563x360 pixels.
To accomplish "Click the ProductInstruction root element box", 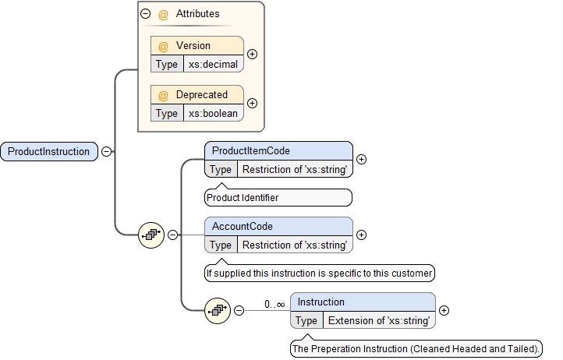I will coord(49,151).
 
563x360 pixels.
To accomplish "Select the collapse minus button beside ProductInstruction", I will coord(106,151).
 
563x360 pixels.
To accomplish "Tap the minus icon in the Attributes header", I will coord(146,14).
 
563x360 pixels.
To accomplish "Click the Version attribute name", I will coord(193,45).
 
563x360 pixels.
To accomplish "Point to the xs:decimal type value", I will coord(213,64).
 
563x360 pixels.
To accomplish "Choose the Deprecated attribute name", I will coord(201,95).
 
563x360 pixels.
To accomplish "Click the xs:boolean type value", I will coord(213,113).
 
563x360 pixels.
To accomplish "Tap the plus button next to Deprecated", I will coord(252,104).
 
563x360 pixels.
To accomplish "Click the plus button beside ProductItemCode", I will coord(361,159).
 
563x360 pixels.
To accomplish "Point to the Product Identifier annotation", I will coord(243,197).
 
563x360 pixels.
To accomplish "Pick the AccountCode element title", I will coord(243,227).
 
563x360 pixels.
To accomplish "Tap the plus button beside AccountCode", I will coord(361,235).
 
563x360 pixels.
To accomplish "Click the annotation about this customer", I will coord(319,273).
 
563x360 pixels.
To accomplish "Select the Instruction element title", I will coord(320,302).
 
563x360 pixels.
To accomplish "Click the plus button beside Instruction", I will coord(444,310).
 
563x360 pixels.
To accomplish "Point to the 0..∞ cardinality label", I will coord(274,305).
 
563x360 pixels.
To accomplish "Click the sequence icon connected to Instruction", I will coord(217,310).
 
